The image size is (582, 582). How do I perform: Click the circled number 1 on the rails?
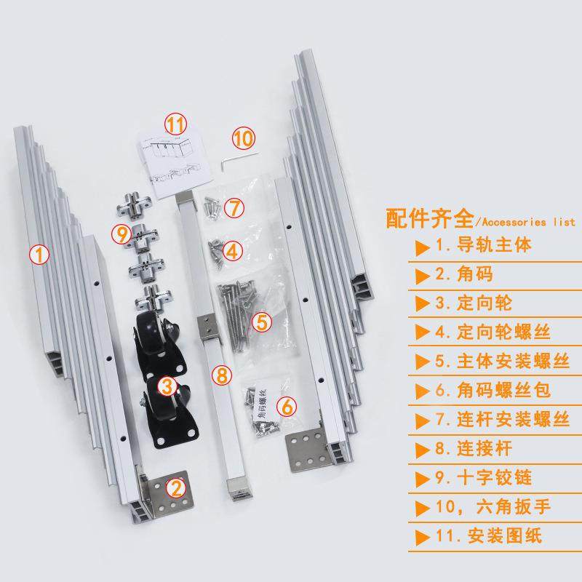pos(39,255)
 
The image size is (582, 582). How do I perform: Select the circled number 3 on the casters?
pos(168,384)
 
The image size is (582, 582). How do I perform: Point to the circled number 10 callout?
pos(243,137)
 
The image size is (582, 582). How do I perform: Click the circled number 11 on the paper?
pos(175,124)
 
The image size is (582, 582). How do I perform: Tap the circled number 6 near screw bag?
pos(287,405)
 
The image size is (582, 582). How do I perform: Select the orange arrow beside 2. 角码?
pos(422,275)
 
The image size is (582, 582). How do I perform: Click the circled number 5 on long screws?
pos(261,321)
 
